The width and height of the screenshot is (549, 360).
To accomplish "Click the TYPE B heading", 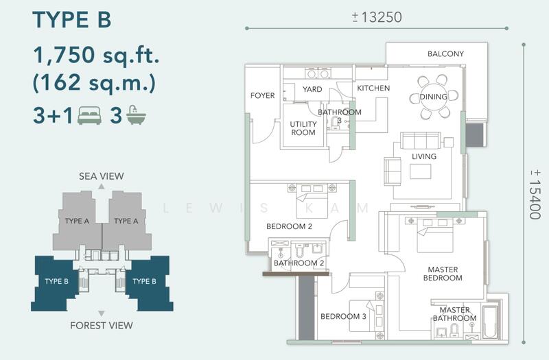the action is click(72, 20).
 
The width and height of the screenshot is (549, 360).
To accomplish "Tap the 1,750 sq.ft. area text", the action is click(96, 55).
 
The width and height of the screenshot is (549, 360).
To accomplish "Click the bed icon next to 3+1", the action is click(90, 115).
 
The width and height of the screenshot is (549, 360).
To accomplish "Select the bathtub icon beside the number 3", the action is click(136, 115).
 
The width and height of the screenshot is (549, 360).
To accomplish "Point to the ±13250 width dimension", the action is click(377, 16).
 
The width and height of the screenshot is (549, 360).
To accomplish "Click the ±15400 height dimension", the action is click(535, 194).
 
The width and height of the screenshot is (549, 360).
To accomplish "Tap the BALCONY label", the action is click(445, 54).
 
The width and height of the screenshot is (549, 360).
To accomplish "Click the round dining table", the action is click(434, 97).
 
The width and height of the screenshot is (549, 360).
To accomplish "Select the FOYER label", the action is click(263, 95).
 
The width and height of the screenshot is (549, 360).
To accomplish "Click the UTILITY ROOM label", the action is click(303, 128).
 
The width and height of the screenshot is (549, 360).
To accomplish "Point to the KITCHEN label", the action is click(373, 88).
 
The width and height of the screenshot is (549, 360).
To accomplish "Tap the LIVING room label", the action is click(424, 156).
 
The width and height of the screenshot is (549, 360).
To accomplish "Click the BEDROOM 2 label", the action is click(289, 226).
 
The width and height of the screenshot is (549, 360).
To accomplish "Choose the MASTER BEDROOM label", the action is click(443, 274).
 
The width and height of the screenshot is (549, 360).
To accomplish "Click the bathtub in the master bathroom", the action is click(490, 322).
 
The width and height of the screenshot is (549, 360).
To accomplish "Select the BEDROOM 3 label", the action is click(343, 316).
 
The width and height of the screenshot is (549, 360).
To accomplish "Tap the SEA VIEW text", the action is click(101, 176).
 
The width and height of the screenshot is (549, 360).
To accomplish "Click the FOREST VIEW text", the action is click(101, 325).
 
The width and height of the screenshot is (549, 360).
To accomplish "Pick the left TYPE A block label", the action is click(77, 221).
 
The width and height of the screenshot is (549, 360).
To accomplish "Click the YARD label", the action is click(312, 89).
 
